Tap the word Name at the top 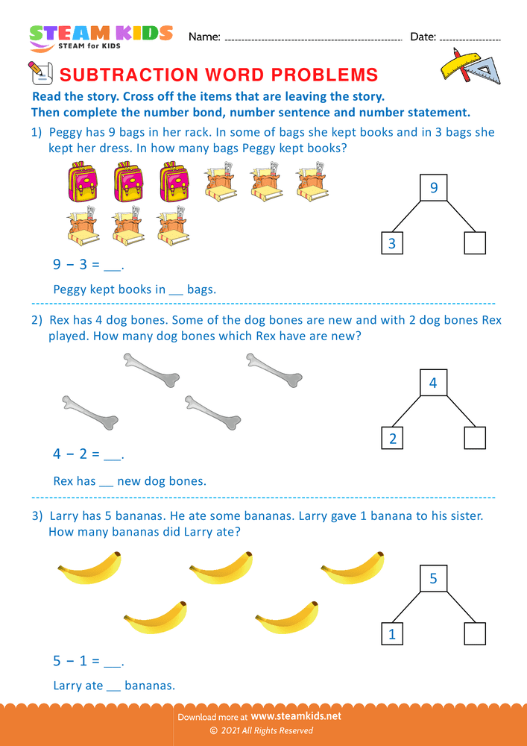click(203, 37)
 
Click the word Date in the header click(422, 37)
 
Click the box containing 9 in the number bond click(434, 189)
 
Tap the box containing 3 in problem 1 click(392, 243)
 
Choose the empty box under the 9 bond click(475, 243)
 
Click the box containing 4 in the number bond click(434, 383)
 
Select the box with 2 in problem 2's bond click(392, 438)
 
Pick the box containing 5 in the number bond click(434, 578)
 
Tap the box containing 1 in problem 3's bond click(392, 633)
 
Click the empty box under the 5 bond click(475, 633)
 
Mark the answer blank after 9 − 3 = click(112, 266)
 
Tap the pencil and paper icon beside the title click(40, 73)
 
